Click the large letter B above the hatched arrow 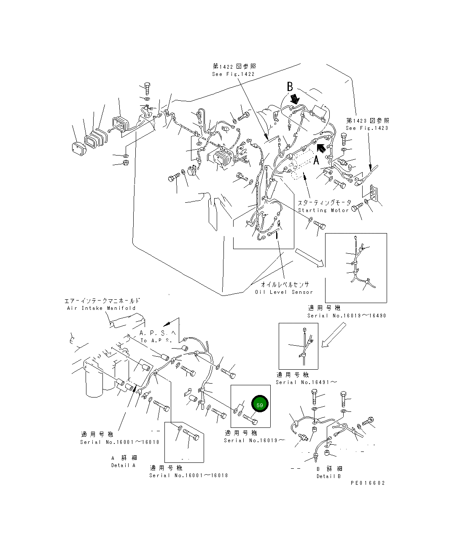290,86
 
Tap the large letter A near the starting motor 316,160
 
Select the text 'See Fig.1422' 233,74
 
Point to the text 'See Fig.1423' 367,128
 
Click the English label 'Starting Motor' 323,210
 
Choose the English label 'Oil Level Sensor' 284,292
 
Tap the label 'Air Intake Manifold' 101,308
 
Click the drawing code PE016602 368,483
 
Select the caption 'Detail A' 124,465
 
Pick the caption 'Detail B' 328,476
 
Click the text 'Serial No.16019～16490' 347,315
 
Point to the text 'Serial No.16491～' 306,382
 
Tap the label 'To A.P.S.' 156,341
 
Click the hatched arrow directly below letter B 295,99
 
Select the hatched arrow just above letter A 321,148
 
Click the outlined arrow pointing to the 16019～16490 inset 309,258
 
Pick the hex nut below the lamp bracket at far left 126,162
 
